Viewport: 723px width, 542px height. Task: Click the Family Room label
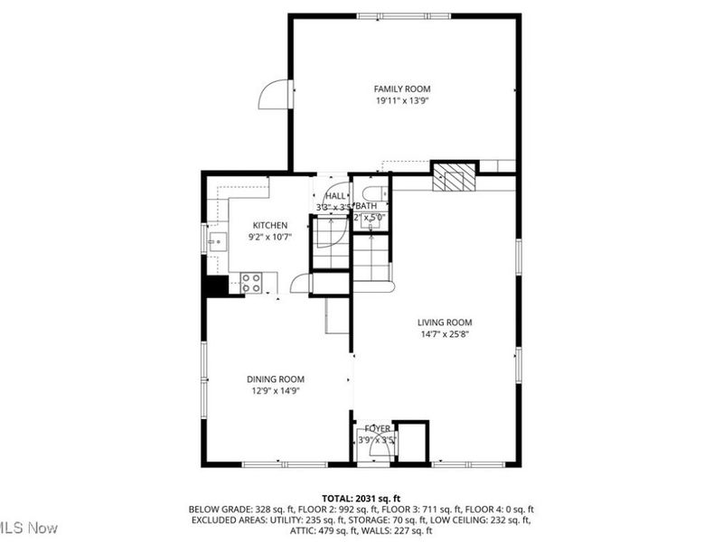(402, 89)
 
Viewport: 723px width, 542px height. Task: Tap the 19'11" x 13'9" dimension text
(402, 101)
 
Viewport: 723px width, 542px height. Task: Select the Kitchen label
(270, 225)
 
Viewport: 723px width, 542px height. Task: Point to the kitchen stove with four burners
(251, 283)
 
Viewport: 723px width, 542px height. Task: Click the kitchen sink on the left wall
(218, 240)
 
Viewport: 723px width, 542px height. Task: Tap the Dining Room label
(276, 379)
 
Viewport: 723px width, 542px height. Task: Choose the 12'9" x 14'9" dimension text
(276, 391)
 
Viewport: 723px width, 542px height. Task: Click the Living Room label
(445, 322)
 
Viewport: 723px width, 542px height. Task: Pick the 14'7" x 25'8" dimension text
(445, 334)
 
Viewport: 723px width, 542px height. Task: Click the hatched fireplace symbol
(452, 176)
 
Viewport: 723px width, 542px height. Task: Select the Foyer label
(377, 428)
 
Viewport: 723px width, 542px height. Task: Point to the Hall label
(334, 195)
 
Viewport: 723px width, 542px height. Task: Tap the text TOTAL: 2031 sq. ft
(361, 498)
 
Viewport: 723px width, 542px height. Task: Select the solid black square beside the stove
(215, 286)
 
